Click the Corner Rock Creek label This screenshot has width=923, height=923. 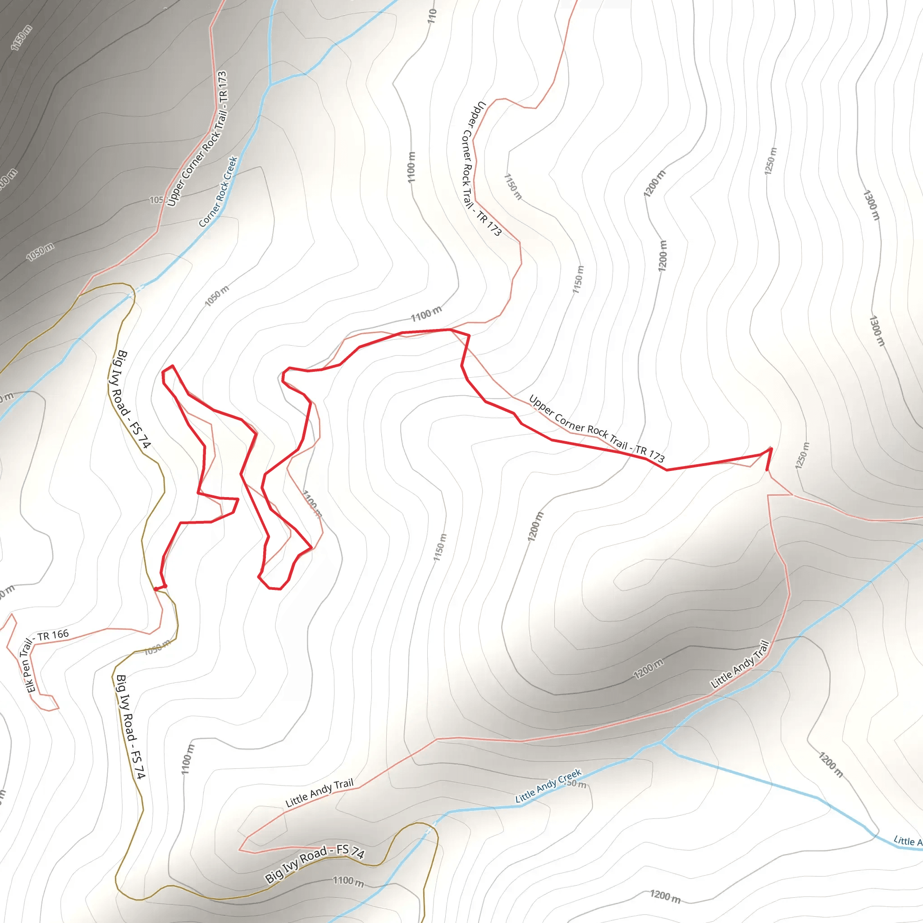[x=218, y=192]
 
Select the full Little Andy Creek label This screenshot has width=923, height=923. [x=548, y=785]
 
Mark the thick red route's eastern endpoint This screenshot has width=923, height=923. [x=767, y=470]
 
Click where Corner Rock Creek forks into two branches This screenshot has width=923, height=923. [x=270, y=85]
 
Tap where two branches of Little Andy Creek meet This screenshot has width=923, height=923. [x=661, y=742]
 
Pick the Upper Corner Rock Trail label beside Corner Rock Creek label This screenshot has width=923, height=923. [x=197, y=139]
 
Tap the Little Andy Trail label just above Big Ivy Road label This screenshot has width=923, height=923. [x=319, y=793]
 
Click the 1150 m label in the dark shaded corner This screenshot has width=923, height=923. [x=22, y=37]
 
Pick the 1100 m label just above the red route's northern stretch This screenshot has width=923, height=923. [x=426, y=314]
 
